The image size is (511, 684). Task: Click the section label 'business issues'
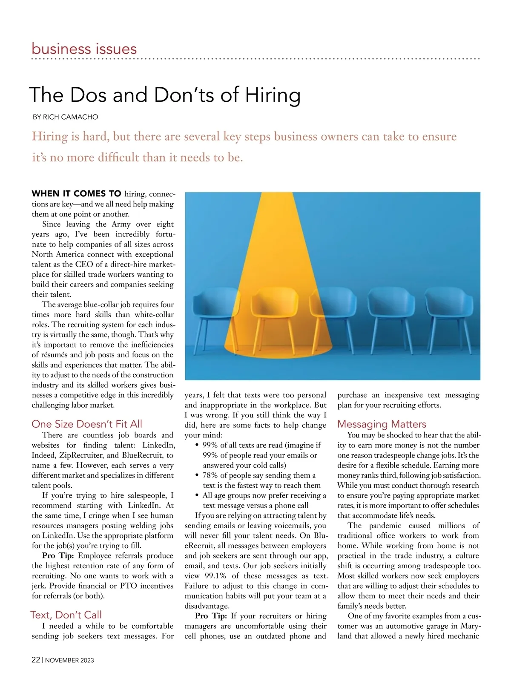[x=84, y=49]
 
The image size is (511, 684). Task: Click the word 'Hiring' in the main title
[x=273, y=95]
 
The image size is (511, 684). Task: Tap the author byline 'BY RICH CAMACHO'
[x=65, y=117]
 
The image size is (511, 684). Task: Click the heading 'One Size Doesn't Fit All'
[x=87, y=424]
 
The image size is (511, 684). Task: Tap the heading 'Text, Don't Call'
[x=66, y=615]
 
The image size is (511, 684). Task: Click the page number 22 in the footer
[x=36, y=660]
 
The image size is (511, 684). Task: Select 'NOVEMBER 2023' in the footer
[x=69, y=660]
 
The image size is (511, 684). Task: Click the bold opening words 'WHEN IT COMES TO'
[x=77, y=194]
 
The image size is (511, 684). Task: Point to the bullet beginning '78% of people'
[x=259, y=480]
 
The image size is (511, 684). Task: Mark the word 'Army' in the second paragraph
[x=121, y=224]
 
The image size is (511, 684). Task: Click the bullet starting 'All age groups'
[x=264, y=500]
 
